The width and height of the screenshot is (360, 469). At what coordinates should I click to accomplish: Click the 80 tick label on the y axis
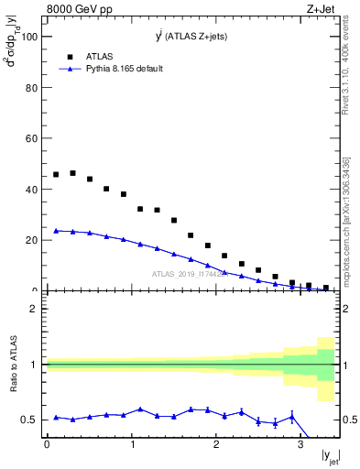(x=30, y=88)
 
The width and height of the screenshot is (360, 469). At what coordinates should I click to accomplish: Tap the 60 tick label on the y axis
(x=30, y=138)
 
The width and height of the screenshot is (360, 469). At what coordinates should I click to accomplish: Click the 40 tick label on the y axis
(x=30, y=190)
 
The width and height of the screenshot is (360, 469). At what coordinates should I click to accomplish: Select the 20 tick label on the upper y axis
(x=30, y=240)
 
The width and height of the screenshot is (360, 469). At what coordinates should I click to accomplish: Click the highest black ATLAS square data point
(x=72, y=172)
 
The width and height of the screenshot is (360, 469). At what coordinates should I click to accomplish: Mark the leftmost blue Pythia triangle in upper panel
(x=56, y=231)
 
